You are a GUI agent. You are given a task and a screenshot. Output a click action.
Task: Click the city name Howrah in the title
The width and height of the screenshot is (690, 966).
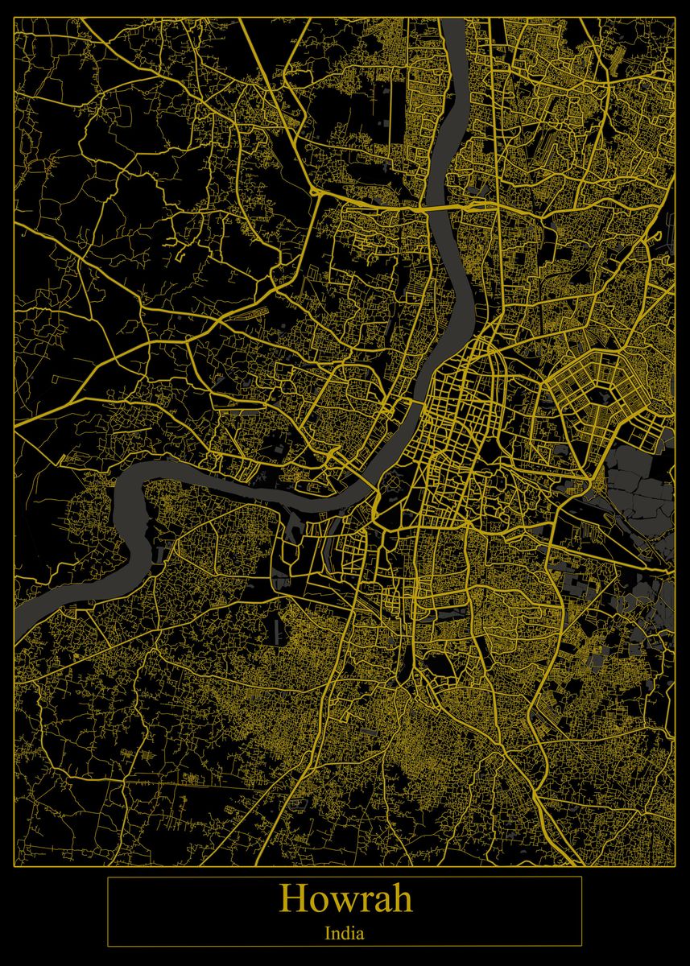[345, 898]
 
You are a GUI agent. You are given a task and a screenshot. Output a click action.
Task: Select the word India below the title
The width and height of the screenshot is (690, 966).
[345, 935]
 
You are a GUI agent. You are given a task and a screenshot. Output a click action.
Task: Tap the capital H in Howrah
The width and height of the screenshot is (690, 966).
[292, 899]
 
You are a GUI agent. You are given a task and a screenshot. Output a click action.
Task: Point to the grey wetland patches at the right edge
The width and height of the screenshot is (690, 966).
[640, 483]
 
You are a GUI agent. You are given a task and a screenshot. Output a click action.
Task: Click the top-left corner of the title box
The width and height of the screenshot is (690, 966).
[108, 877]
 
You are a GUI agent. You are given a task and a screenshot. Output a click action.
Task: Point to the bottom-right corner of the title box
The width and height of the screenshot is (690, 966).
[581, 946]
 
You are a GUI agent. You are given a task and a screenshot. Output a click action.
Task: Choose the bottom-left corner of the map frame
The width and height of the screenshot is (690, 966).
[14, 866]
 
